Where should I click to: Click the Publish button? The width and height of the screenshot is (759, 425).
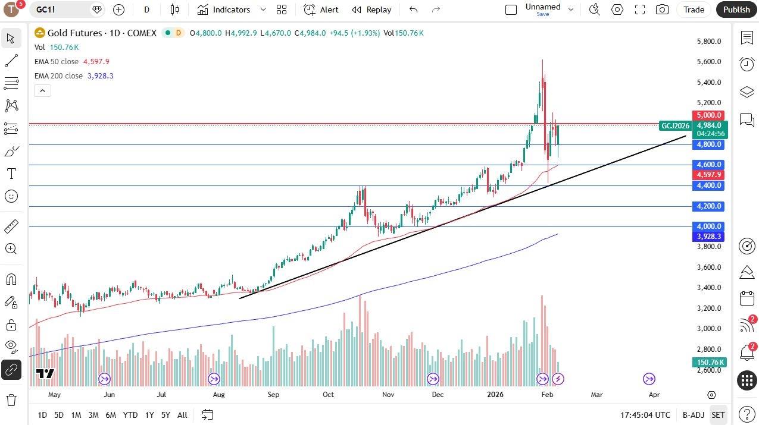point(736,10)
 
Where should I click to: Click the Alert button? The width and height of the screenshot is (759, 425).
point(321,10)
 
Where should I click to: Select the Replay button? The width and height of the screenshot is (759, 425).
point(372,10)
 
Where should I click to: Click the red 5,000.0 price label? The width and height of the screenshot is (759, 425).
point(708,115)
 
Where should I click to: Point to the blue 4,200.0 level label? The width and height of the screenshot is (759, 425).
point(708,206)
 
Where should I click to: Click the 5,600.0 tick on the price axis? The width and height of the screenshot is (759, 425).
point(709,62)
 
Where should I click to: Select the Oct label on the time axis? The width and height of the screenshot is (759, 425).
point(328,394)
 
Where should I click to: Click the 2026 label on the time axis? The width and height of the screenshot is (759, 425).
point(495,394)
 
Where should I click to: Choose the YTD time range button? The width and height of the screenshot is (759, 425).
point(130,415)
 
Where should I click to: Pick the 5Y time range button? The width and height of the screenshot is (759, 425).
point(165,415)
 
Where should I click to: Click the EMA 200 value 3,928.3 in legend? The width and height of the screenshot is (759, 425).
point(100,76)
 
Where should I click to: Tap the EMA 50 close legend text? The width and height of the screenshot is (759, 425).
point(57,62)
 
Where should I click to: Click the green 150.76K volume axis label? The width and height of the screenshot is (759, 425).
point(708,363)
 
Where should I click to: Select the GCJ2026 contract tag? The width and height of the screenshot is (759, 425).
point(675,125)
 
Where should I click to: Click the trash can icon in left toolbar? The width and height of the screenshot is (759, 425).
point(11,399)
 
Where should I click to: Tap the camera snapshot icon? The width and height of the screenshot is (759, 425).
point(662,10)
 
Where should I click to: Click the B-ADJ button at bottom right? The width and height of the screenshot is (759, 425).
point(694,415)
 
